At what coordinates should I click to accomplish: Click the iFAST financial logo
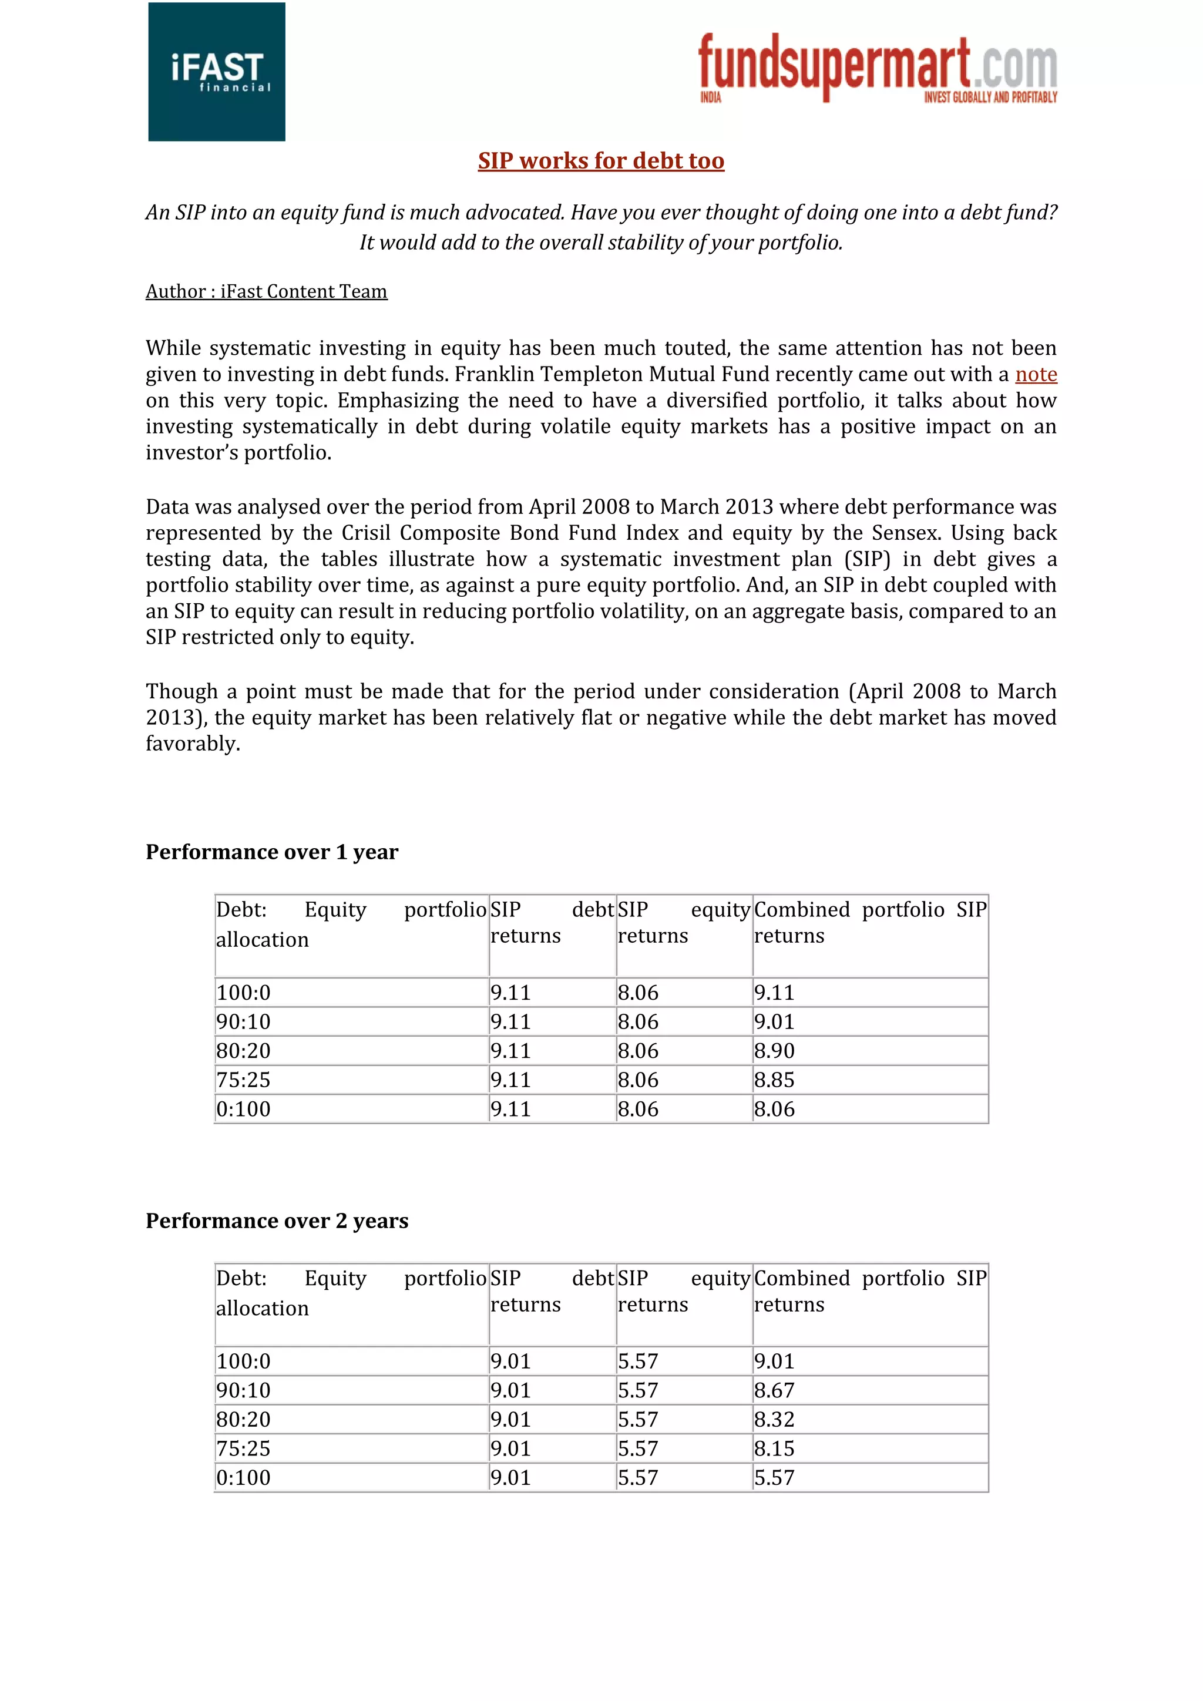(216, 72)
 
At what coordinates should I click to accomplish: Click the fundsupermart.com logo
(877, 68)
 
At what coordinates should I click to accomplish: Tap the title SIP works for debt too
(601, 161)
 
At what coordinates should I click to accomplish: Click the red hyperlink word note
(1035, 375)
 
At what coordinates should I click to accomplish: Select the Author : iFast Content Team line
(266, 292)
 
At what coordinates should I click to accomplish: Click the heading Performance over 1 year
(271, 852)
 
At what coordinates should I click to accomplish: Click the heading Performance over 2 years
(276, 1221)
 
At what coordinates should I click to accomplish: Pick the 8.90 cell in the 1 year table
(774, 1051)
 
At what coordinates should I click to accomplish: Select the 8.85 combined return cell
(774, 1080)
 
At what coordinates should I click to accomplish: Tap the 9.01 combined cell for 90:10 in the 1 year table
(774, 1021)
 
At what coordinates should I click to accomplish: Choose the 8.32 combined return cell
(774, 1420)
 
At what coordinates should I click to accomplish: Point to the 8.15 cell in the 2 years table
(774, 1448)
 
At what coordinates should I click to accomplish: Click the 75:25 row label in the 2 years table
(243, 1448)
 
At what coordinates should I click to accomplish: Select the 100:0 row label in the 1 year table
(243, 993)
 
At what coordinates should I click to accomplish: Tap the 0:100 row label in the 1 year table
(243, 1109)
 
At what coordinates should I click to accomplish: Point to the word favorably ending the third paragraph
(192, 744)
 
